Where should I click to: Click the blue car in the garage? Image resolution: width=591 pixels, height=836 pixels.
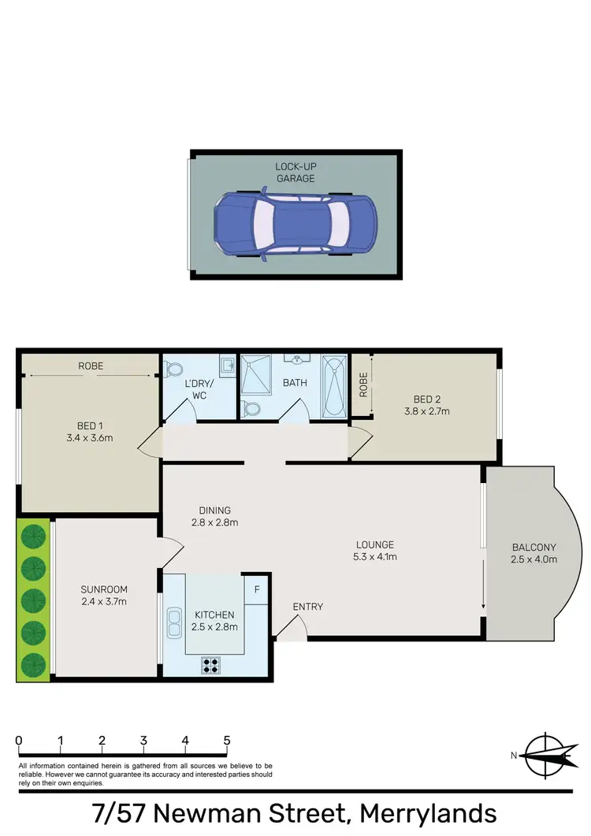click(x=295, y=224)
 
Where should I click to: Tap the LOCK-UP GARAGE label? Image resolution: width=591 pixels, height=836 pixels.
click(x=295, y=173)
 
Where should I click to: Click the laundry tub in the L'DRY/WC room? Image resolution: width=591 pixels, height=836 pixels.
click(x=226, y=366)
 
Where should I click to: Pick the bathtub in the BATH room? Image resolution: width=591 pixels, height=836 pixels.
click(x=335, y=386)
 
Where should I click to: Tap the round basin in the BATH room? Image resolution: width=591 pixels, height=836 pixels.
click(x=298, y=362)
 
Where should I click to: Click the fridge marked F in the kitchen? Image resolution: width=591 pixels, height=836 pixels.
click(x=255, y=589)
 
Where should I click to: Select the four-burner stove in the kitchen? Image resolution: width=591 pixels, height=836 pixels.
click(x=211, y=664)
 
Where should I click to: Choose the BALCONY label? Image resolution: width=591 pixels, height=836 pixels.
click(x=533, y=547)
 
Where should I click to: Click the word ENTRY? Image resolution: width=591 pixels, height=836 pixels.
click(x=307, y=607)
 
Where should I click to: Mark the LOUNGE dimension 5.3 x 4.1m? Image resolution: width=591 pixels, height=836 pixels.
click(x=374, y=557)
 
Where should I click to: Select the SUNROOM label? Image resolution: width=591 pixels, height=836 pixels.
click(x=104, y=589)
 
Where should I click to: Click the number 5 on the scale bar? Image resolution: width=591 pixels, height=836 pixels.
click(x=227, y=741)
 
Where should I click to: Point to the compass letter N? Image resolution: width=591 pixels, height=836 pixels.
click(x=514, y=756)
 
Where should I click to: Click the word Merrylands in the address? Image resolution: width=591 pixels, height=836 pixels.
click(x=426, y=813)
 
